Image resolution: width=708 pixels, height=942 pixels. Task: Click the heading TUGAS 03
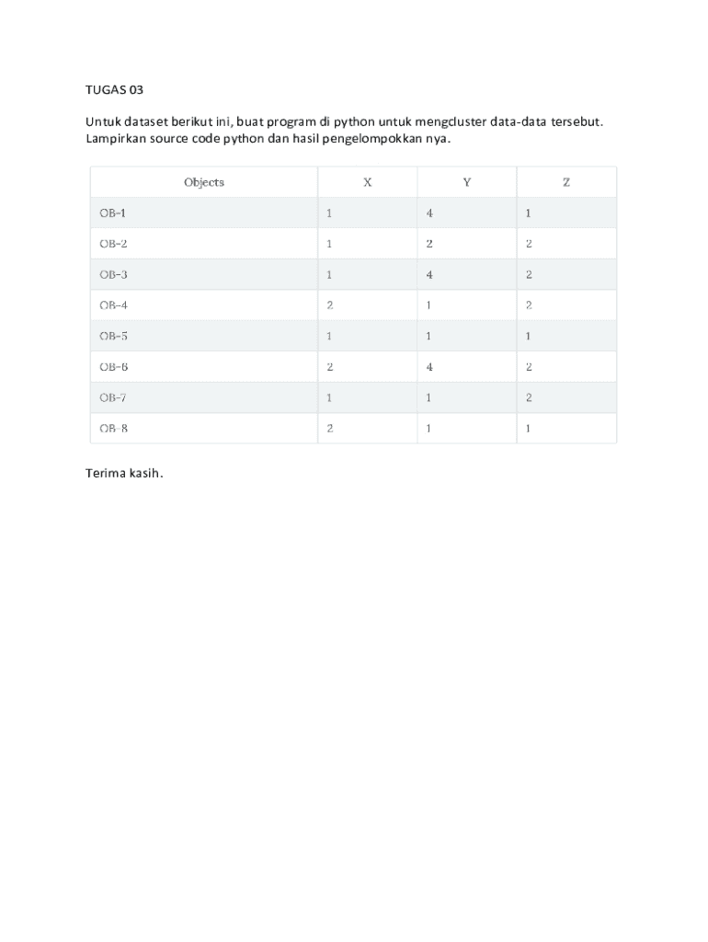point(115,91)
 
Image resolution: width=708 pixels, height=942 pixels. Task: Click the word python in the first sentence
point(353,121)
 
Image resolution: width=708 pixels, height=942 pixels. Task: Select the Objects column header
point(204,182)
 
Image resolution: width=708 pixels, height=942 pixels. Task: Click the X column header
point(367,182)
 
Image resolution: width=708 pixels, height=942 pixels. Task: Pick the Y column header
point(467,182)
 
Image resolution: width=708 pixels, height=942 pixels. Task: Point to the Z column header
point(566,182)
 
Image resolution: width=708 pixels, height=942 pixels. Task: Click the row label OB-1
point(113,213)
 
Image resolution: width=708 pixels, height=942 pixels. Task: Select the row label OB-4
point(113,305)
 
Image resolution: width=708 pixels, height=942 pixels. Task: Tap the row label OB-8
point(113,429)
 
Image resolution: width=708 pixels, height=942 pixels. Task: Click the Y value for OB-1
point(429,213)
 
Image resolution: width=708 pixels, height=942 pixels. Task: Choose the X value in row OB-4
point(329,305)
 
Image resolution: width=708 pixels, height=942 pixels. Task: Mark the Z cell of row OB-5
point(529,337)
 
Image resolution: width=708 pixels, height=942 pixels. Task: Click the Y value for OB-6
point(429,367)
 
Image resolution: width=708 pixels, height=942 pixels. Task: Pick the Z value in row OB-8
point(529,429)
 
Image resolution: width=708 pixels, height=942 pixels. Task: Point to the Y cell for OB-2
point(429,245)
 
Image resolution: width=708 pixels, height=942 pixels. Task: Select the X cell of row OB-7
point(329,398)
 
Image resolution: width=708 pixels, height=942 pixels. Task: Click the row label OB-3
point(113,275)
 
